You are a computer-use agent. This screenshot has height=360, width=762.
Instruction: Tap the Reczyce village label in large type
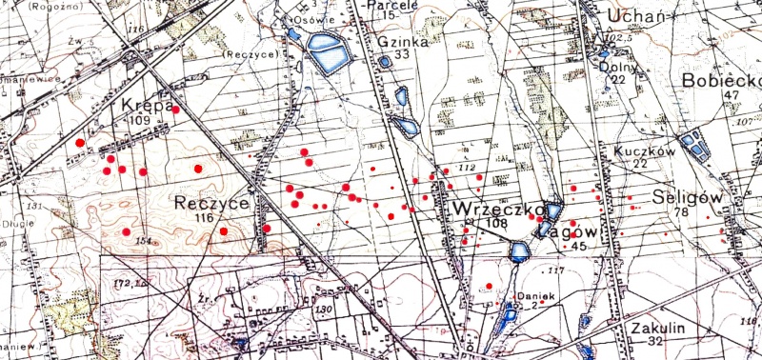(212, 203)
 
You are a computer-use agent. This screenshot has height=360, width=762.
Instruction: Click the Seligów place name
(684, 197)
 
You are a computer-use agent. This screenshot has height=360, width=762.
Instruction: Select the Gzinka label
(398, 42)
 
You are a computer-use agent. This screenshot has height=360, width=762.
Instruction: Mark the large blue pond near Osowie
(327, 54)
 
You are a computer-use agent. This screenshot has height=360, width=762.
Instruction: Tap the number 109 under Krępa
(140, 121)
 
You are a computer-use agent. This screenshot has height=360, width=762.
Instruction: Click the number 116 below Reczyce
(202, 218)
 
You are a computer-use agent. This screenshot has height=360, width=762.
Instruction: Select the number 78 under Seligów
(680, 211)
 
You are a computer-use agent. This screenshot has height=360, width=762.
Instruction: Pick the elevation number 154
(144, 242)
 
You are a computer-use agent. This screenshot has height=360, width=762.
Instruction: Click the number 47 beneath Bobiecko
(732, 95)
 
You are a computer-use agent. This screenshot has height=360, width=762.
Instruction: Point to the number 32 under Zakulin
(652, 341)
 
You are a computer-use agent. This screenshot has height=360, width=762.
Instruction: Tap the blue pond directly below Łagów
(519, 251)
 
